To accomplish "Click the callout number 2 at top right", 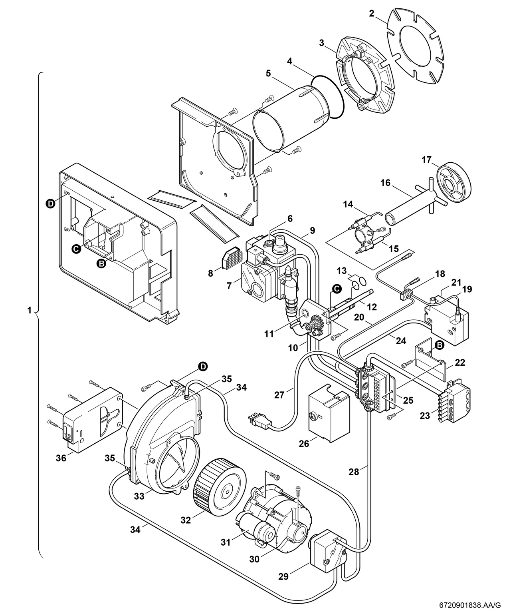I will point(371,14).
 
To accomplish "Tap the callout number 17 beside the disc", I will point(427,160).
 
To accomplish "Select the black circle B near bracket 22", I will point(439,345).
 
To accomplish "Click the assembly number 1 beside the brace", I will point(29,310).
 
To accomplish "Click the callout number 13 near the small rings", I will point(341,271).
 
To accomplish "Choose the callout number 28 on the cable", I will point(353,472).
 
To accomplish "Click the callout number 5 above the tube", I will point(268,73).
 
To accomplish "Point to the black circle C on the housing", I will point(76,249).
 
